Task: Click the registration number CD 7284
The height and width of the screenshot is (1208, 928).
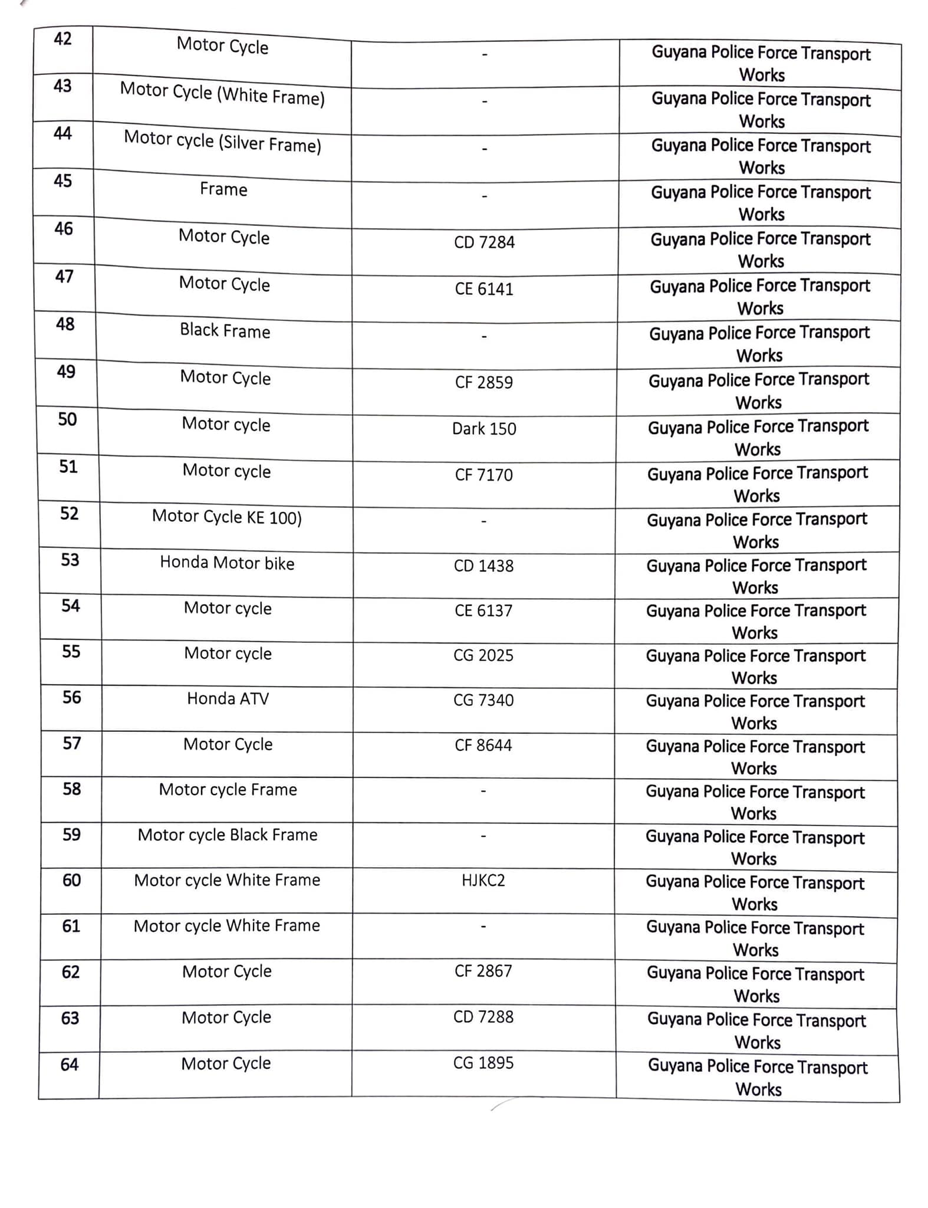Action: (484, 242)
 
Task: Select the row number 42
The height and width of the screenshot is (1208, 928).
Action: (62, 39)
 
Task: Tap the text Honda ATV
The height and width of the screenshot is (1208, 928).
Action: (228, 698)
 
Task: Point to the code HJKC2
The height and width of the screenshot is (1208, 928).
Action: (483, 880)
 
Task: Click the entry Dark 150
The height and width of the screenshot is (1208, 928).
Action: (484, 428)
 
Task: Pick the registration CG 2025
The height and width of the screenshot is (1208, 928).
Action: (483, 655)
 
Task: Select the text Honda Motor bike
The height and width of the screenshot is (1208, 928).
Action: (227, 563)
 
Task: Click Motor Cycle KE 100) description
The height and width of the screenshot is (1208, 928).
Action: (227, 517)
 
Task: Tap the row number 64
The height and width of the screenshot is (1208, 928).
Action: (70, 1064)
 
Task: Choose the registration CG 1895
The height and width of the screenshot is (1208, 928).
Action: (483, 1062)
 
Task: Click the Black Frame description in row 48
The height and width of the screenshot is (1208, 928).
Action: (225, 330)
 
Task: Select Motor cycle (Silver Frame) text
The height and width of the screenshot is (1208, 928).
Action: (222, 141)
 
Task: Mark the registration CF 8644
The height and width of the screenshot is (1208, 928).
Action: (483, 745)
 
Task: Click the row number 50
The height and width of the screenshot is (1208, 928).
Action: (67, 419)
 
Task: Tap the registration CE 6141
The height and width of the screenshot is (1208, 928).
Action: (484, 289)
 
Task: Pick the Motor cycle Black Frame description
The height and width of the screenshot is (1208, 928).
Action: (228, 835)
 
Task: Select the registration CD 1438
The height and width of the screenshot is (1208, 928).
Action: (483, 566)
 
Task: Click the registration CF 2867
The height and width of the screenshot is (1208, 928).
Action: (483, 971)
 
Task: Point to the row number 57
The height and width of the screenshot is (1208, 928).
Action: (72, 743)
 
